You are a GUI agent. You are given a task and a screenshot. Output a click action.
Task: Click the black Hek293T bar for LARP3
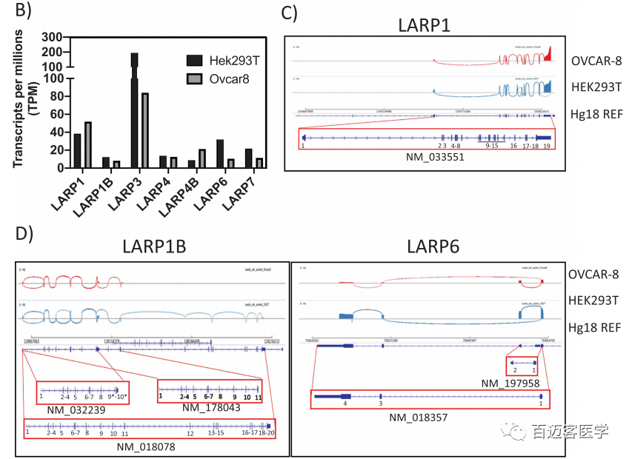135,111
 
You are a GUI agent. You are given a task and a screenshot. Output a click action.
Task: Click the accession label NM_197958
510,383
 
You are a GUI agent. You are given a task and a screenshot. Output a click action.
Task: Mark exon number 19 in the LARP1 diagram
546,147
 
